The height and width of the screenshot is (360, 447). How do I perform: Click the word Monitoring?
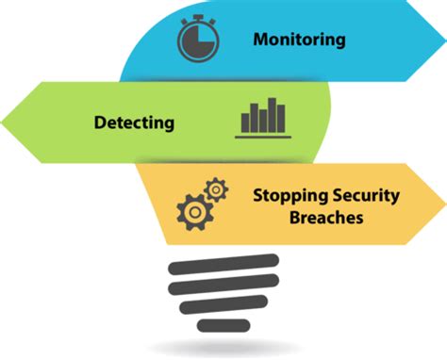coord(299,40)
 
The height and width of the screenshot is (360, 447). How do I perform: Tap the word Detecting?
coord(134,122)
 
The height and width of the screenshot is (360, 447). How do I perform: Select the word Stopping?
coord(287,196)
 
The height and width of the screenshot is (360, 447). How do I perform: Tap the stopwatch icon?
coord(198,40)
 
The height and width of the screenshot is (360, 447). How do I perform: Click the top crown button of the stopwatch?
coord(198,17)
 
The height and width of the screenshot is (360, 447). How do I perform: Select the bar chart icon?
coord(263,117)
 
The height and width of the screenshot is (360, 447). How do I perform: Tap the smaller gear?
coord(217,189)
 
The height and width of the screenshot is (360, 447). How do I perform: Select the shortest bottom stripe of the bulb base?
coord(223,325)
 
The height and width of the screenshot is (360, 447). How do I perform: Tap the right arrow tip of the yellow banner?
coord(441,204)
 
